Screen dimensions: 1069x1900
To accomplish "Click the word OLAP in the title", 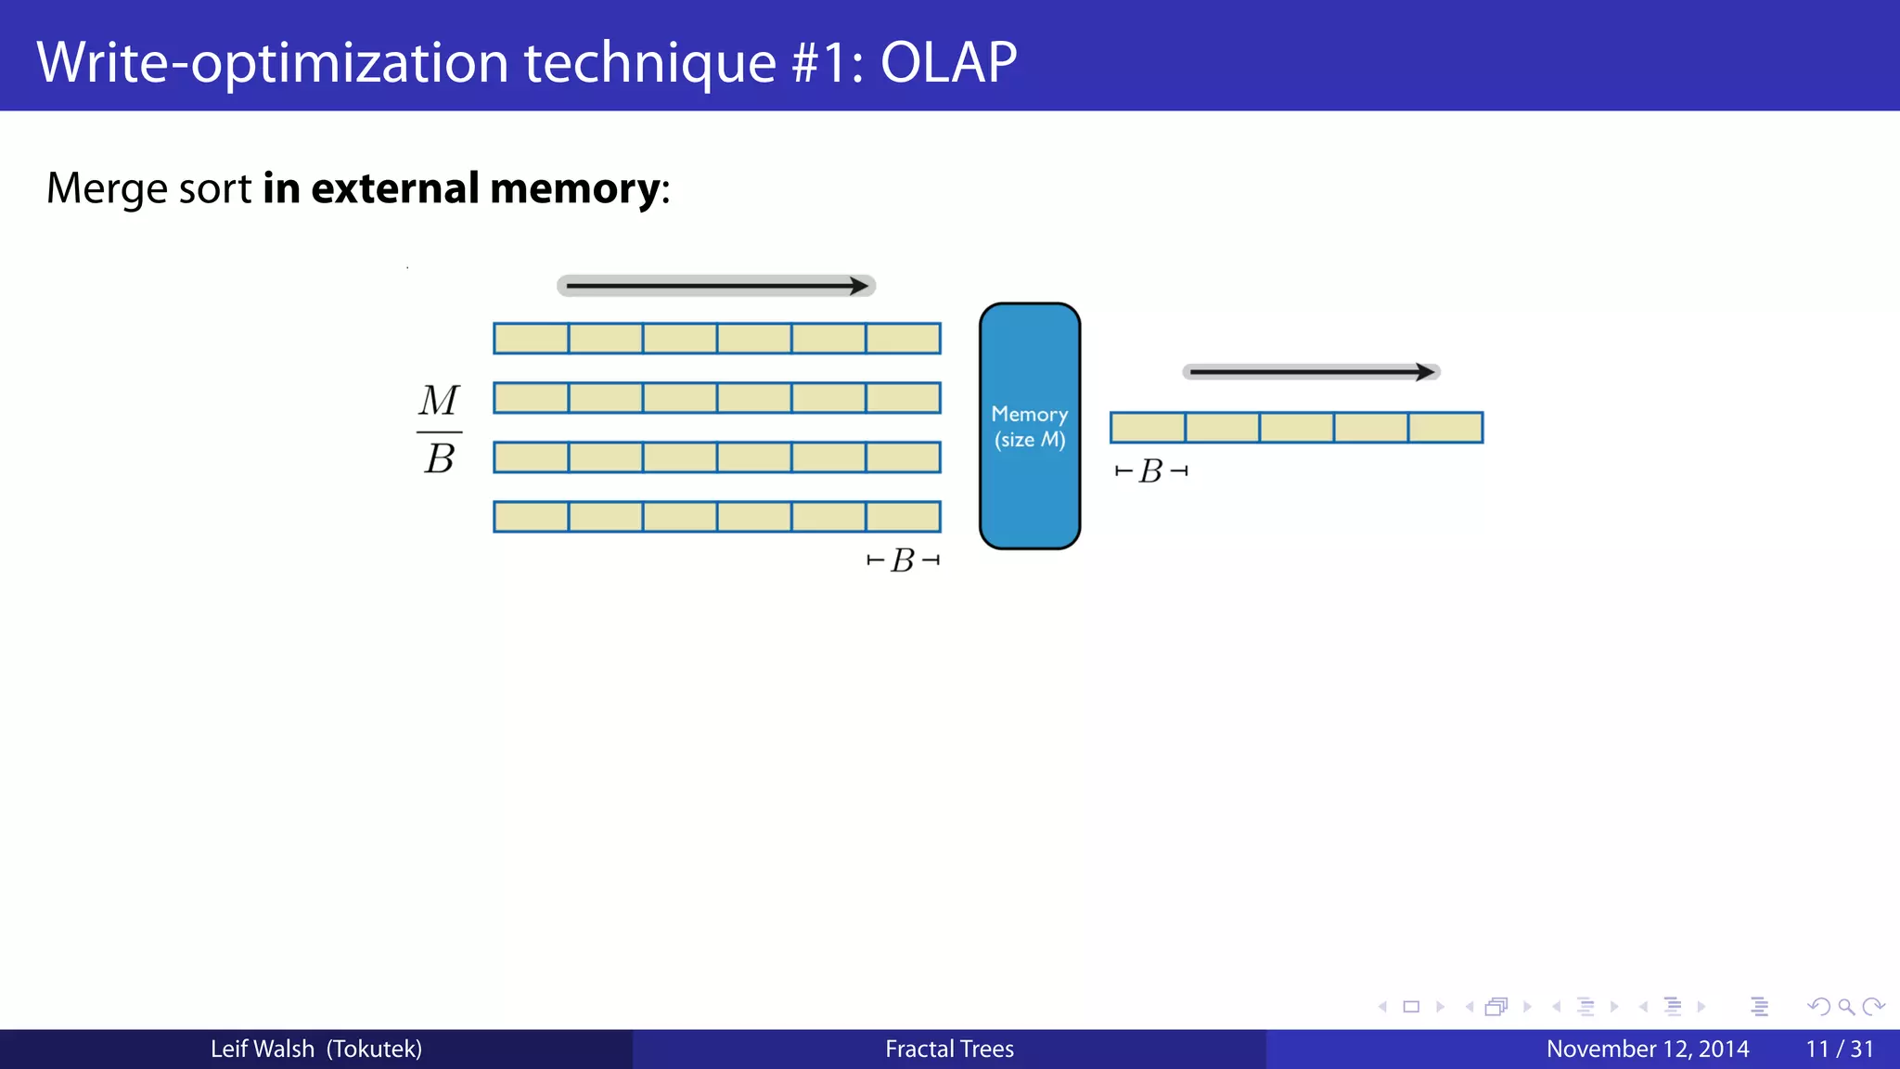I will click(948, 63).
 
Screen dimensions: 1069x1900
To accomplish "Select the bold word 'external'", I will click(394, 188).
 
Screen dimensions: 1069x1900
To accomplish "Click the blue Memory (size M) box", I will click(1030, 426).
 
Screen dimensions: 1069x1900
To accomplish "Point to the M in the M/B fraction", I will click(439, 401).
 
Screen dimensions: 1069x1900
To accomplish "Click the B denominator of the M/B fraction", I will click(440, 458).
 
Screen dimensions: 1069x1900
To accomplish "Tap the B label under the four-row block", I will click(903, 560).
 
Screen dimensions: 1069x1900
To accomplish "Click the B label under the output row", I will click(1151, 471).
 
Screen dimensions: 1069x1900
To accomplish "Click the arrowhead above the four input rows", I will click(860, 286).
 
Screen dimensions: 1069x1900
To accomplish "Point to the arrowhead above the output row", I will click(1426, 372).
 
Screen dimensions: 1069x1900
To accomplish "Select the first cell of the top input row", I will click(531, 339).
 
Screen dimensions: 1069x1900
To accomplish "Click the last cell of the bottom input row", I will click(904, 517).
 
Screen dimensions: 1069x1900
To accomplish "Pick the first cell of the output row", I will click(1148, 428).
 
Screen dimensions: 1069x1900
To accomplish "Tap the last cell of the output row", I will click(1445, 428).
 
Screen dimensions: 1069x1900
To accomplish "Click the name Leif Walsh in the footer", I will click(263, 1049).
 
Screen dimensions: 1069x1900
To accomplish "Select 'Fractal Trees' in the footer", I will click(949, 1049).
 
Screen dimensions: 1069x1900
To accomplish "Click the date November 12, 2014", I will click(1648, 1049).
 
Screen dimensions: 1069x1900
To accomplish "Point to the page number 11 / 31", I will click(1839, 1049).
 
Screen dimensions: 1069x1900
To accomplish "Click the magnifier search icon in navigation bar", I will click(1846, 1007).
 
